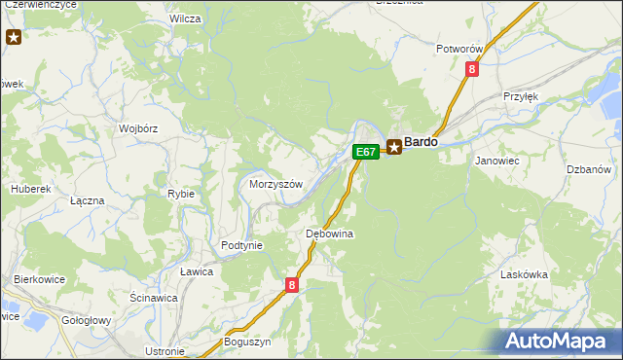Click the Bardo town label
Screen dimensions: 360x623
(421, 142)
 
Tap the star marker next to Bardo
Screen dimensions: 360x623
(394, 147)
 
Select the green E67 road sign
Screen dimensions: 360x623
(365, 152)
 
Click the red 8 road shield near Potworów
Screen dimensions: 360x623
(472, 69)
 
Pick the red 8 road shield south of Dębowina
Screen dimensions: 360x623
(292, 285)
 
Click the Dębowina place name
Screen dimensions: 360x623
(329, 234)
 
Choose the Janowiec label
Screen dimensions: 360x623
(495, 161)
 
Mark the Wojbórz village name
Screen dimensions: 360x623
(138, 127)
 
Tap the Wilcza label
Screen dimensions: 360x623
(185, 18)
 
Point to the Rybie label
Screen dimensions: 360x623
(181, 194)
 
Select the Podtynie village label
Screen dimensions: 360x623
(242, 245)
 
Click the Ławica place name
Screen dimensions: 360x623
(196, 271)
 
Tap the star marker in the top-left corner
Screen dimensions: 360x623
(14, 38)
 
